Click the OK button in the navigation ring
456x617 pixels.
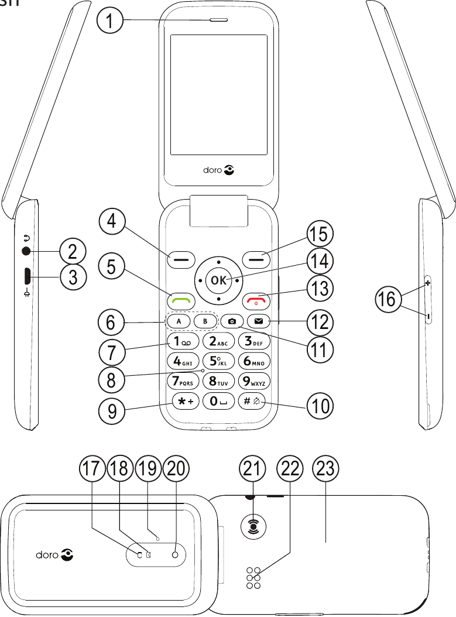(x=218, y=280)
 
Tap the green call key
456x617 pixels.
(x=180, y=301)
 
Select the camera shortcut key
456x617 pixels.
(x=232, y=321)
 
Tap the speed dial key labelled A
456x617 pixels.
(x=179, y=321)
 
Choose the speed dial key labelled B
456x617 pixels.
(x=204, y=321)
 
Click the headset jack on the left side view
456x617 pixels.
(x=26, y=251)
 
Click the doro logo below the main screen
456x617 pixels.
(x=218, y=171)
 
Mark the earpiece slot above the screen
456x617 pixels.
(x=217, y=23)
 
